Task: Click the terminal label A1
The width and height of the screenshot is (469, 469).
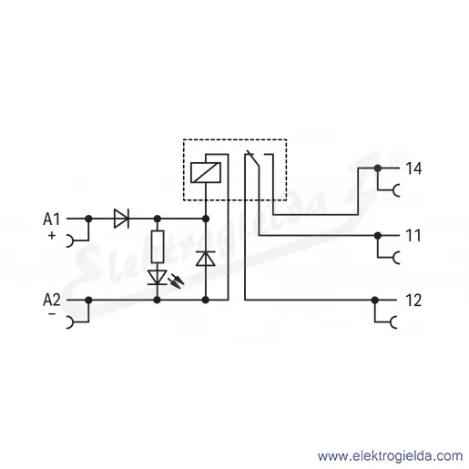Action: (52, 219)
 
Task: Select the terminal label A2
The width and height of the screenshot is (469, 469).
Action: (52, 300)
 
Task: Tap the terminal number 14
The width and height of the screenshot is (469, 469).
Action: (413, 168)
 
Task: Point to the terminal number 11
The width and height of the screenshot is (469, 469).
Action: (413, 236)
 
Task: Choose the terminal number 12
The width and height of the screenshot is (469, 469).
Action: (413, 301)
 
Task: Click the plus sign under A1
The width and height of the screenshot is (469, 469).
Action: (52, 235)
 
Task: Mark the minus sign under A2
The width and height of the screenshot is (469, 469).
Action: (52, 313)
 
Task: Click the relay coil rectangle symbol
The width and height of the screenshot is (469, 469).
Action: (206, 173)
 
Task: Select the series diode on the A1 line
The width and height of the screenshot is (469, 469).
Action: (121, 219)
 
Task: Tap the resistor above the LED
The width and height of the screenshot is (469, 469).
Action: (158, 247)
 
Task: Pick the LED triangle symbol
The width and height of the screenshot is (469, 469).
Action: (158, 278)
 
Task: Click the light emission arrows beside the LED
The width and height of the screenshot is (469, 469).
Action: (178, 281)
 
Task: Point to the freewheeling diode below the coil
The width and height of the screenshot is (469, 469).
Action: (206, 259)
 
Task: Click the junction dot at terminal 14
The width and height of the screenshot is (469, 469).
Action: (377, 168)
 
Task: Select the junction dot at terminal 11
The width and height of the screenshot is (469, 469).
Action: (377, 235)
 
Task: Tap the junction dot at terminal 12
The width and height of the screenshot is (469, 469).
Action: (375, 301)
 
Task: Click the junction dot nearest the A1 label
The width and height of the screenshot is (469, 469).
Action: (88, 219)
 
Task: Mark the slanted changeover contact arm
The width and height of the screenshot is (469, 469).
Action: (253, 158)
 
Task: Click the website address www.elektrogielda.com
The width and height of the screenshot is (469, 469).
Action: (390, 456)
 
